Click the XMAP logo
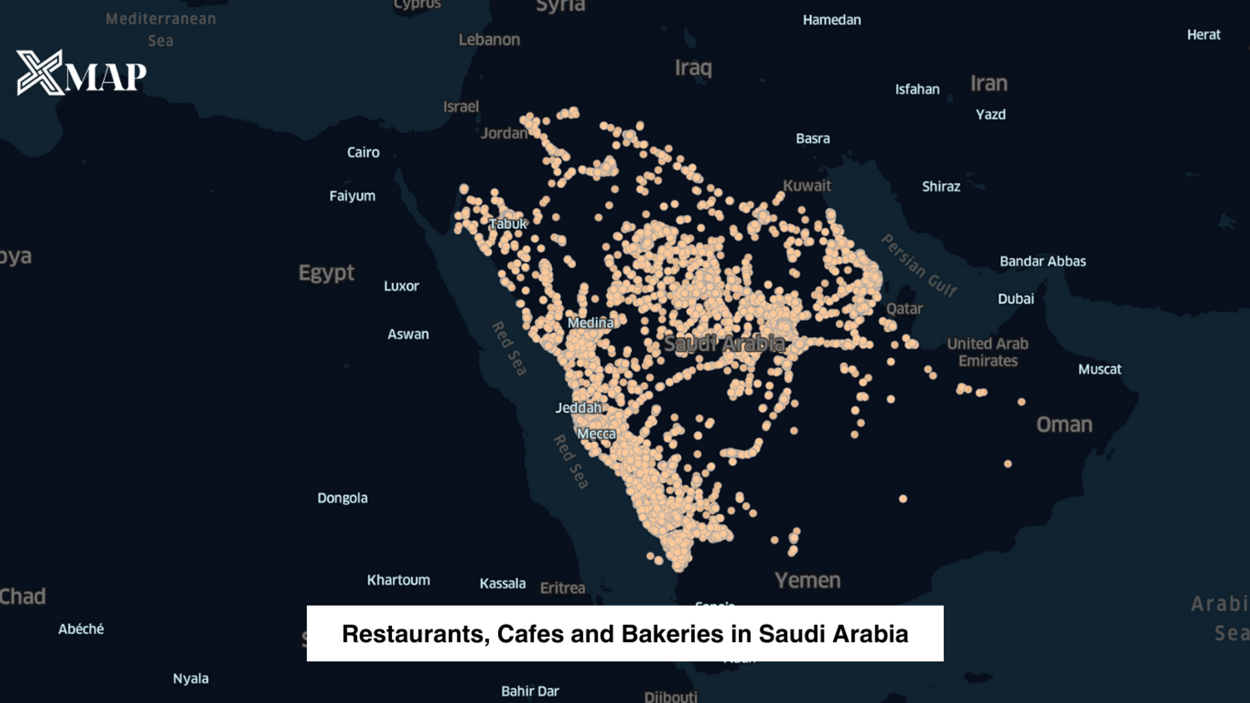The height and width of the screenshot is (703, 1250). [x=81, y=73]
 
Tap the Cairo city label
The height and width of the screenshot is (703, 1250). [x=363, y=153]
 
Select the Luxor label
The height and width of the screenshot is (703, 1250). [x=401, y=286]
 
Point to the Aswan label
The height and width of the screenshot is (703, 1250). [x=408, y=335]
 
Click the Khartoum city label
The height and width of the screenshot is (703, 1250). [x=398, y=580]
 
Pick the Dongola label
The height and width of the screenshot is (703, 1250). [x=342, y=498]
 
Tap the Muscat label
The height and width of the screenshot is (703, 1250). [x=1099, y=370]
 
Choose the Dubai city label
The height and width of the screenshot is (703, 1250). [x=1016, y=299]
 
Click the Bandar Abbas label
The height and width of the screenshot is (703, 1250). [x=1042, y=261]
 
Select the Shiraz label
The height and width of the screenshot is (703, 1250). [x=941, y=187]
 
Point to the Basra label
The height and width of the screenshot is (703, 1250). [x=812, y=139]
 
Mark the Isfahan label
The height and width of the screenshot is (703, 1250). [x=917, y=89]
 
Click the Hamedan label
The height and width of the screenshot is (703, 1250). [x=831, y=20]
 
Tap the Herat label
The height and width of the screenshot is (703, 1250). [x=1203, y=35]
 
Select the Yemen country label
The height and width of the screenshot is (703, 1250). [x=807, y=580]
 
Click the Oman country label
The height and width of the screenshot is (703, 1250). [x=1064, y=425]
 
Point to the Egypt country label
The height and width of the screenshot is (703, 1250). [x=326, y=273]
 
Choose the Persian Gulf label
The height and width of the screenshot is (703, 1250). [x=919, y=266]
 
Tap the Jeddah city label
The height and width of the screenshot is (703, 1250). [x=579, y=408]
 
